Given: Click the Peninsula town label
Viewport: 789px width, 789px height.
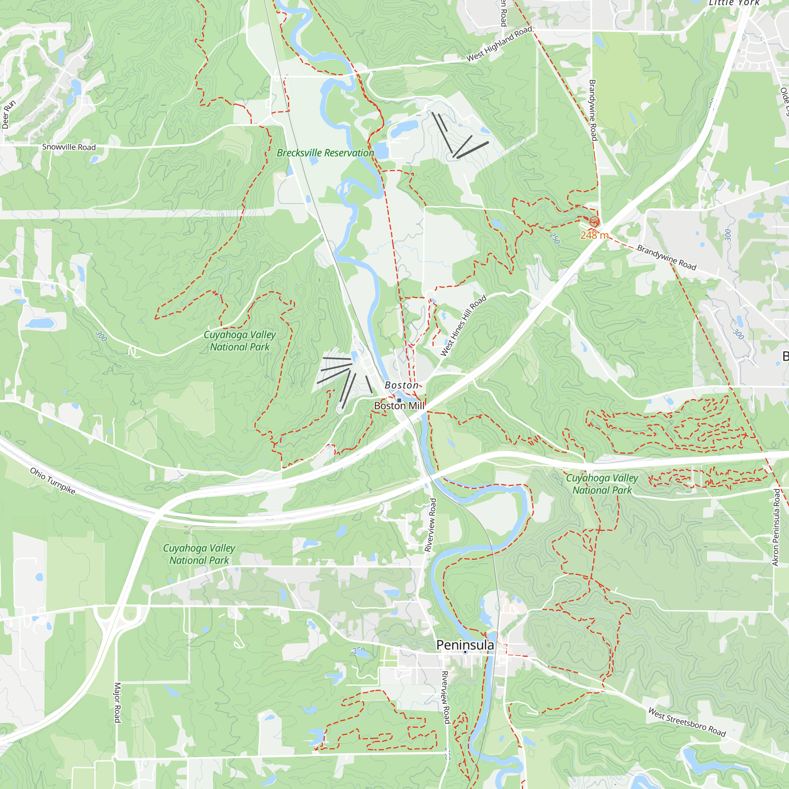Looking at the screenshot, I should click(465, 645).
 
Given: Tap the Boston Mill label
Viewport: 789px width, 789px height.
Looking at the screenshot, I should click(399, 406).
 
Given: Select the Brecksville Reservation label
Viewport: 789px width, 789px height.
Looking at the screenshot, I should click(325, 153).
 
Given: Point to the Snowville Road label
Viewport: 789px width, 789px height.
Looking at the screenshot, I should click(69, 147).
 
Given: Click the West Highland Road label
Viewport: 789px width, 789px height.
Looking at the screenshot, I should click(499, 44).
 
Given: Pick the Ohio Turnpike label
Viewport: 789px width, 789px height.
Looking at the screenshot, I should click(53, 481).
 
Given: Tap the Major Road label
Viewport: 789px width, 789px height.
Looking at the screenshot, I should click(117, 703).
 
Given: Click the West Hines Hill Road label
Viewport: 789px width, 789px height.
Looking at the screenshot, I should click(464, 325).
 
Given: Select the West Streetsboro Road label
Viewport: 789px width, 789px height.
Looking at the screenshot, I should click(687, 722).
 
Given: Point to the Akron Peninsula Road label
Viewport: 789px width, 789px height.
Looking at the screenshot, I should click(776, 527).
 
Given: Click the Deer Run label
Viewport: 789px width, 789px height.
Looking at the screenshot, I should click(9, 114).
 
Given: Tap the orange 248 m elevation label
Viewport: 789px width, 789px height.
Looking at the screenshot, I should click(594, 235).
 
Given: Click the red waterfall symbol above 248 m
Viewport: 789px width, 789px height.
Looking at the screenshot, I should click(594, 222).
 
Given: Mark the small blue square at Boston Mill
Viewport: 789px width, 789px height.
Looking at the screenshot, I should click(399, 400).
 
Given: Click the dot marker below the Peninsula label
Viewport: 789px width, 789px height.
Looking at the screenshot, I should click(465, 652).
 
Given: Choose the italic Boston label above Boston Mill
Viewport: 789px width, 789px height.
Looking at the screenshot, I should click(402, 385).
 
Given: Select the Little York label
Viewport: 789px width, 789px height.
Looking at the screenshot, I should click(734, 3).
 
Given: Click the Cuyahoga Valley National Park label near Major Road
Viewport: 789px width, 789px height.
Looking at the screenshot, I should click(199, 554).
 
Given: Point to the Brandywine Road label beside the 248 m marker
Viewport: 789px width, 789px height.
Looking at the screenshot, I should click(666, 258).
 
